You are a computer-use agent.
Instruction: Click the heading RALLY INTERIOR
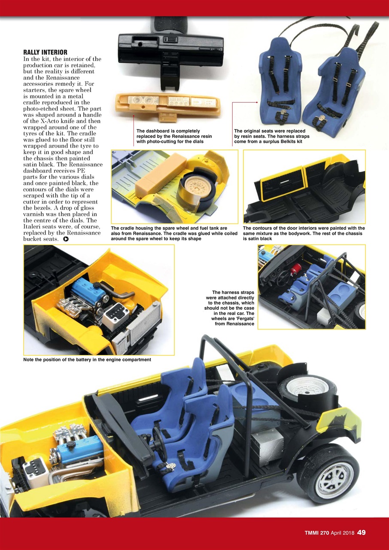click(43, 52)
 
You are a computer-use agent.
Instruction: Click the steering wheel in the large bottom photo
click(159, 442)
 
